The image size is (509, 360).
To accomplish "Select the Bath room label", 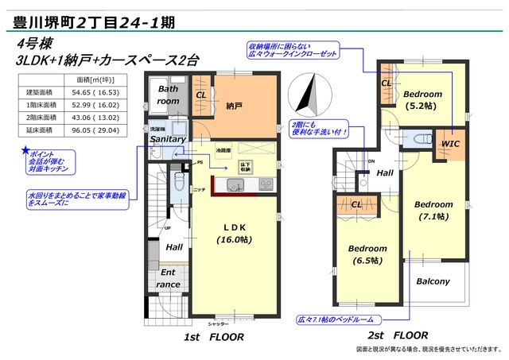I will tap(168, 95).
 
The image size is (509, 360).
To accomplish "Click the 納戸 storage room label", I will tap(234, 105).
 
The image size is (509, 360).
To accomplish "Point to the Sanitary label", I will tap(167, 140).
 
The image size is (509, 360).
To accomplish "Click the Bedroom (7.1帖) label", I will tap(433, 209).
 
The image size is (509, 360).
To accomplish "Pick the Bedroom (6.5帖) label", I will tap(368, 254).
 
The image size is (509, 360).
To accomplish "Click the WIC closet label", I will tap(450, 142).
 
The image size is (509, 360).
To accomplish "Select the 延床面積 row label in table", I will tap(37, 130).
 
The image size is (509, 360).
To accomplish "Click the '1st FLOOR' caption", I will tap(216, 337).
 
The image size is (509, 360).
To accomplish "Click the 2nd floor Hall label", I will tap(386, 173).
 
